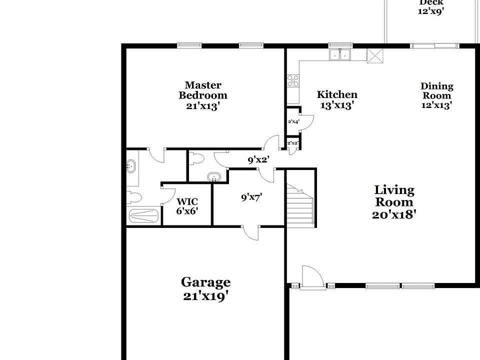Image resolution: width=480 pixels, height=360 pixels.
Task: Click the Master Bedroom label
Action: click(x=203, y=95)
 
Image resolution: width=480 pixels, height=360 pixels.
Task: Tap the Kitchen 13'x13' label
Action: click(x=337, y=99)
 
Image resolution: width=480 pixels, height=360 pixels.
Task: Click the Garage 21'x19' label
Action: click(x=205, y=288)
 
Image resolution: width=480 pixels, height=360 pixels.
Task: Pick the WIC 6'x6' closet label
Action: click(x=187, y=206)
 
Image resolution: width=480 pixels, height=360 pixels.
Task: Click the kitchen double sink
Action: click(x=340, y=54)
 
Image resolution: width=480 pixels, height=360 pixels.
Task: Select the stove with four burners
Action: click(x=292, y=81)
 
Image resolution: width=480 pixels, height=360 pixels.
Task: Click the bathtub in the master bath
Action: click(x=144, y=216)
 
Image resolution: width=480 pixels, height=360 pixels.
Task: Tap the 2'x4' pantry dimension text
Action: click(x=293, y=121)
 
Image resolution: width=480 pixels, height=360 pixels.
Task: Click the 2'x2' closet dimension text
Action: click(x=293, y=143)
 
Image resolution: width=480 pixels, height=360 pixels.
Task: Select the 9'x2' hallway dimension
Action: click(x=258, y=160)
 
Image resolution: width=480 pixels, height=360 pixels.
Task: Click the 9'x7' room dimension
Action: click(x=251, y=197)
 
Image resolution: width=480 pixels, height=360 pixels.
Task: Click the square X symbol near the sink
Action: click(x=374, y=55)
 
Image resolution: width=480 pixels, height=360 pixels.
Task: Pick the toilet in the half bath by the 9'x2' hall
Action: click(x=197, y=159)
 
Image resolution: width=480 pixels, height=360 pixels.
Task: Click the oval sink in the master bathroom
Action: click(x=131, y=165)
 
